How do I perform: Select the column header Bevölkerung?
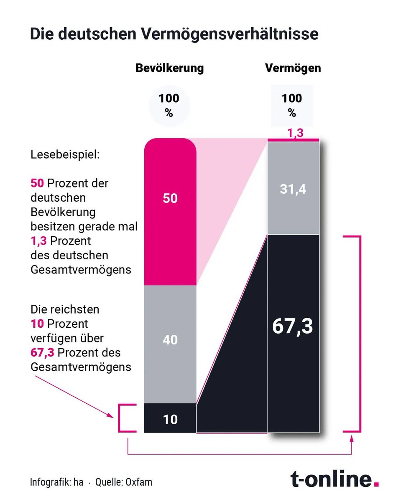(169, 68)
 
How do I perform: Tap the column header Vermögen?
(293, 68)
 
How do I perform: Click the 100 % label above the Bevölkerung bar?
(169, 105)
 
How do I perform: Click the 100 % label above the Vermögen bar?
(292, 105)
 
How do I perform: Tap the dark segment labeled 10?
(170, 419)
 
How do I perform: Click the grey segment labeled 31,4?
(293, 189)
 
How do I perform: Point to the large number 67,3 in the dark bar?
(293, 327)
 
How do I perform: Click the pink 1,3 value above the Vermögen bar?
(295, 133)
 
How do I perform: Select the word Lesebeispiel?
(65, 155)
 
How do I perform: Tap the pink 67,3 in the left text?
(42, 352)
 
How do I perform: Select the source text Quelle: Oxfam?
(124, 482)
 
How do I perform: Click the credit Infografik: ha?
(56, 482)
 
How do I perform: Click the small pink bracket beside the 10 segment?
(121, 418)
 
